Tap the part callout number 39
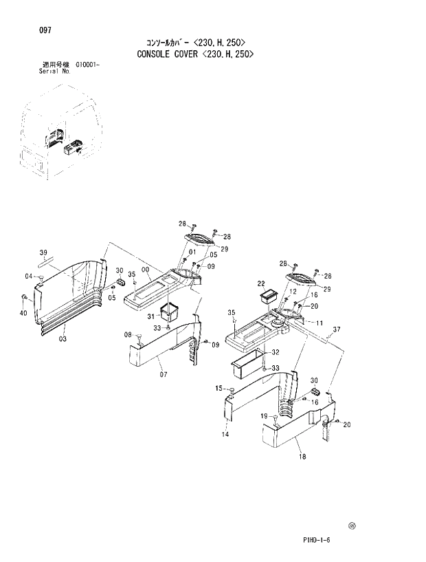coord(43,251)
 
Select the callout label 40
coord(24,314)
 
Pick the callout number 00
coord(145,270)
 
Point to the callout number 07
coord(164,374)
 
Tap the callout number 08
coord(128,334)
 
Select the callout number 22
coord(261,283)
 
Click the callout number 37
coord(336,329)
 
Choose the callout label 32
coord(275,352)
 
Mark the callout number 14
coord(225,434)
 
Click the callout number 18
coord(301,456)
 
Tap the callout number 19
coord(263,416)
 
